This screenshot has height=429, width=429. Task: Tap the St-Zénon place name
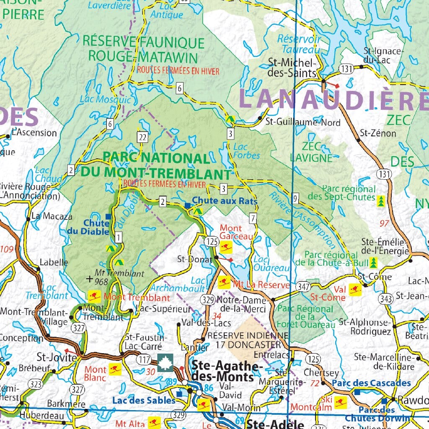pyautogui.click(x=378, y=133)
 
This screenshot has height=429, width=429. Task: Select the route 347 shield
pyautogui.click(x=303, y=287)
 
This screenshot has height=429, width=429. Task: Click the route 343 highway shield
pyautogui.click(x=385, y=299)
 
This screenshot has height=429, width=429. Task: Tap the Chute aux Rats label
pyautogui.click(x=225, y=201)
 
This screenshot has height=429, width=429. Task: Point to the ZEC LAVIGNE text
pyautogui.click(x=311, y=152)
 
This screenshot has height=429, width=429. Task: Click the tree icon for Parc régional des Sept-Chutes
pyautogui.click(x=381, y=200)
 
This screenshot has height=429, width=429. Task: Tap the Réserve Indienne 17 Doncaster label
pyautogui.click(x=248, y=340)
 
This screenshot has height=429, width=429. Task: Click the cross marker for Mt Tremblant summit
pyautogui.click(x=89, y=278)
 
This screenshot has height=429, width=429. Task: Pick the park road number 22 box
pyautogui.click(x=143, y=137)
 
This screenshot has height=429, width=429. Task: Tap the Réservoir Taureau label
pyautogui.click(x=299, y=44)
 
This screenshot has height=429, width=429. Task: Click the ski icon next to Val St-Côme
pyautogui.click(x=355, y=289)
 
